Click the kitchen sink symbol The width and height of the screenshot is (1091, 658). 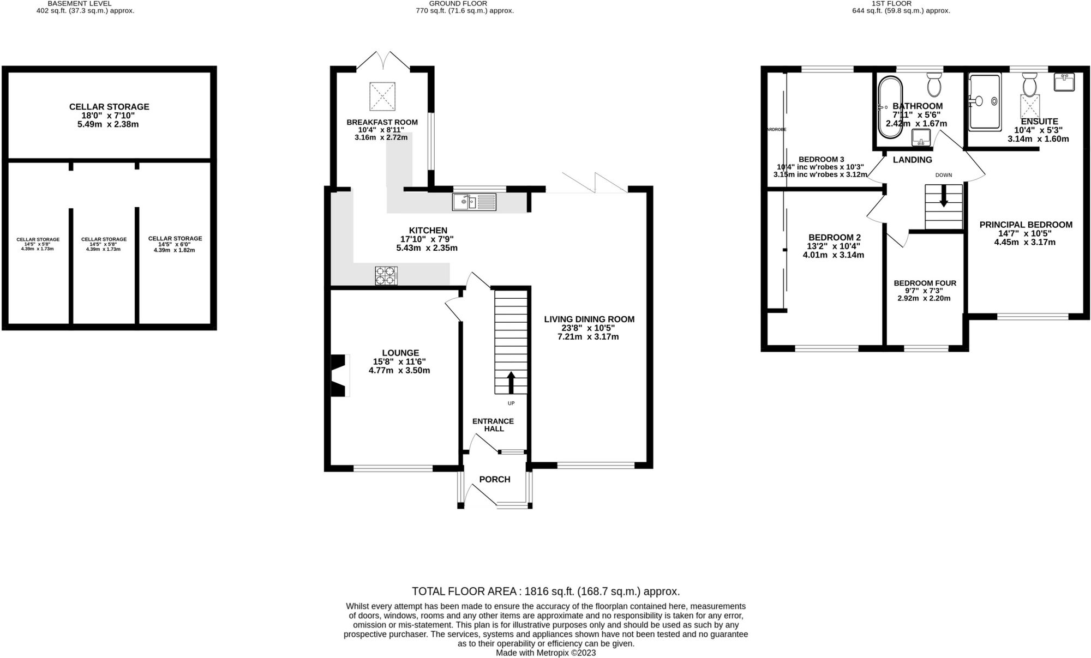click(474, 202)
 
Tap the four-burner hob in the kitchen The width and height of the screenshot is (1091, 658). click(386, 276)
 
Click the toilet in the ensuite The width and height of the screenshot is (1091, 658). click(1030, 86)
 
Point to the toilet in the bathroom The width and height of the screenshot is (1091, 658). click(934, 84)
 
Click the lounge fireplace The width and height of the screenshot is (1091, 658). click(339, 376)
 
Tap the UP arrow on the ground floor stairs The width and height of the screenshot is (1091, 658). click(511, 383)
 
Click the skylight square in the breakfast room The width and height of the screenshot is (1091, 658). click(383, 96)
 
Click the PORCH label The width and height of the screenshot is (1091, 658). click(494, 479)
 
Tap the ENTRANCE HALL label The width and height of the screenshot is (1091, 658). click(493, 425)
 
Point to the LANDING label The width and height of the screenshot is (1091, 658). click(912, 160)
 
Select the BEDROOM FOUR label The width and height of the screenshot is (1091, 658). click(925, 283)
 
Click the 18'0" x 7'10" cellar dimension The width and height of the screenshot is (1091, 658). click(109, 116)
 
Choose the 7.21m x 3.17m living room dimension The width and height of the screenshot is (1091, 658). click(588, 337)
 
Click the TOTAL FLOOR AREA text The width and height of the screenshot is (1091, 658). click(545, 591)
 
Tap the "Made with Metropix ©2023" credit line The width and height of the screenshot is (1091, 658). click(545, 653)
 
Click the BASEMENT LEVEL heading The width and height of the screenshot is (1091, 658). click(80, 3)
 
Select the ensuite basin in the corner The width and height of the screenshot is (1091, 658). click(1064, 82)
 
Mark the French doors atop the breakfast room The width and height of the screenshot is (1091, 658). click(383, 61)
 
